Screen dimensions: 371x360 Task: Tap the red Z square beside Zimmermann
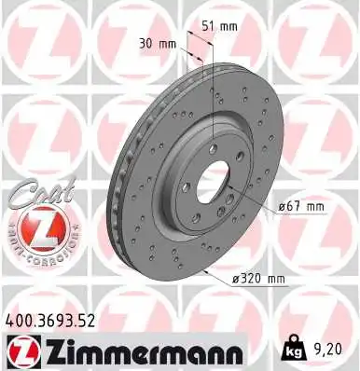(x=19, y=350)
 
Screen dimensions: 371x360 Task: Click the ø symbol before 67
(x=284, y=206)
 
